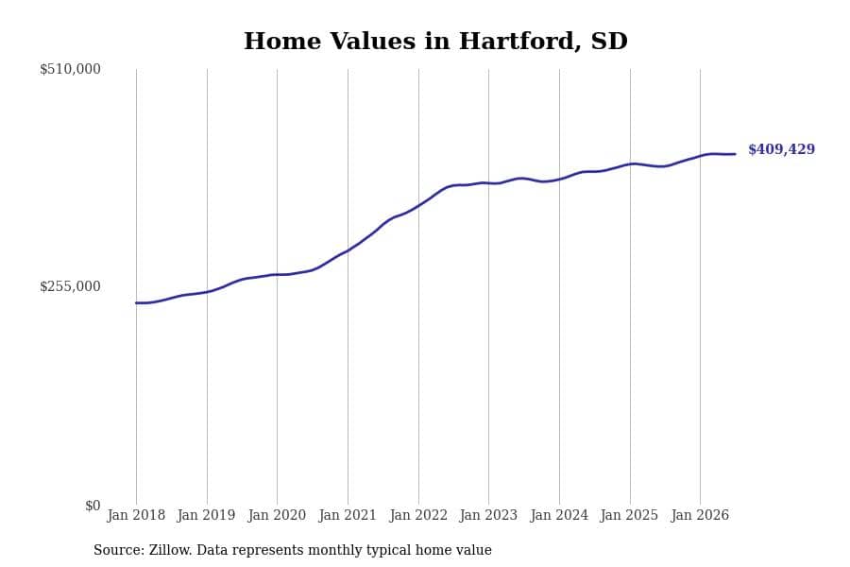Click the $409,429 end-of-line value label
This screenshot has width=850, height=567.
pos(781,149)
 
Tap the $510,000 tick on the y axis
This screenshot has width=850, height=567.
pos(70,69)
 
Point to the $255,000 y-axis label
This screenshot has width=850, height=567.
pos(70,286)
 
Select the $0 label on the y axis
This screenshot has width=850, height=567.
pos(93,506)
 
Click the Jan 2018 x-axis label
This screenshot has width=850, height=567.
pos(136,515)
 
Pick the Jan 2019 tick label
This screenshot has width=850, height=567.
pos(207,515)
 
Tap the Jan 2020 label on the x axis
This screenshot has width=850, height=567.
pos(277,515)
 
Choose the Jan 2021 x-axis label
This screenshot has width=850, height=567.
pos(348,515)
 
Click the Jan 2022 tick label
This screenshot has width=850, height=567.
pos(418,515)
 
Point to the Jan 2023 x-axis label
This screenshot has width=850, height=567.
pos(488,515)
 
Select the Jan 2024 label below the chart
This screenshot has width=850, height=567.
pos(559,515)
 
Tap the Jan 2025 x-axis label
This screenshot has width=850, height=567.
pos(630,515)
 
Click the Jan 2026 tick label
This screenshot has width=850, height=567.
pos(700,515)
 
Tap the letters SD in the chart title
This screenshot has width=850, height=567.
pos(609,42)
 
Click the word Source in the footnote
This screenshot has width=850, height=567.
pos(119,550)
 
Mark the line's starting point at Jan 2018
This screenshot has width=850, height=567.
pos(136,302)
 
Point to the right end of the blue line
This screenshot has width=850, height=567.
pos(735,154)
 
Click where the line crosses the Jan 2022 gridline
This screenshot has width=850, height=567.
pos(418,206)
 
